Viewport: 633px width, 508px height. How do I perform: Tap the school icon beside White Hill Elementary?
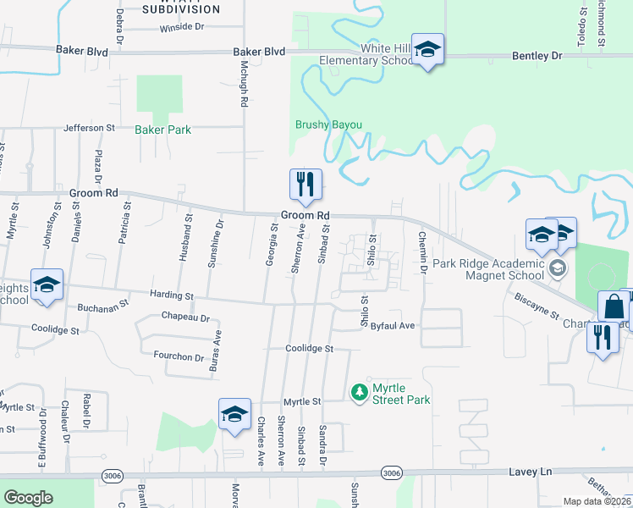pyautogui.click(x=428, y=51)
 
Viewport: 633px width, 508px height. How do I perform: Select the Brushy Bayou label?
pyautogui.click(x=328, y=124)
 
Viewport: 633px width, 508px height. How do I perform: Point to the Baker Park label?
pyautogui.click(x=162, y=130)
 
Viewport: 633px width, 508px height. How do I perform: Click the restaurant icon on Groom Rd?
pyautogui.click(x=305, y=184)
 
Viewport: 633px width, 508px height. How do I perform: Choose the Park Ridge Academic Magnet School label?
pyautogui.click(x=487, y=269)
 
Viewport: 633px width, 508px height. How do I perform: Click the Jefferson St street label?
pyautogui.click(x=89, y=128)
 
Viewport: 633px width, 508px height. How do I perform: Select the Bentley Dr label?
pyautogui.click(x=537, y=55)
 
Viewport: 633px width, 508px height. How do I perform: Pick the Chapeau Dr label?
pyautogui.click(x=184, y=317)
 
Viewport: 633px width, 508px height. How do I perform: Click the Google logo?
pyautogui.click(x=28, y=498)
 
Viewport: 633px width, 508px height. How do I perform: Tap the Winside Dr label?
pyautogui.click(x=182, y=27)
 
